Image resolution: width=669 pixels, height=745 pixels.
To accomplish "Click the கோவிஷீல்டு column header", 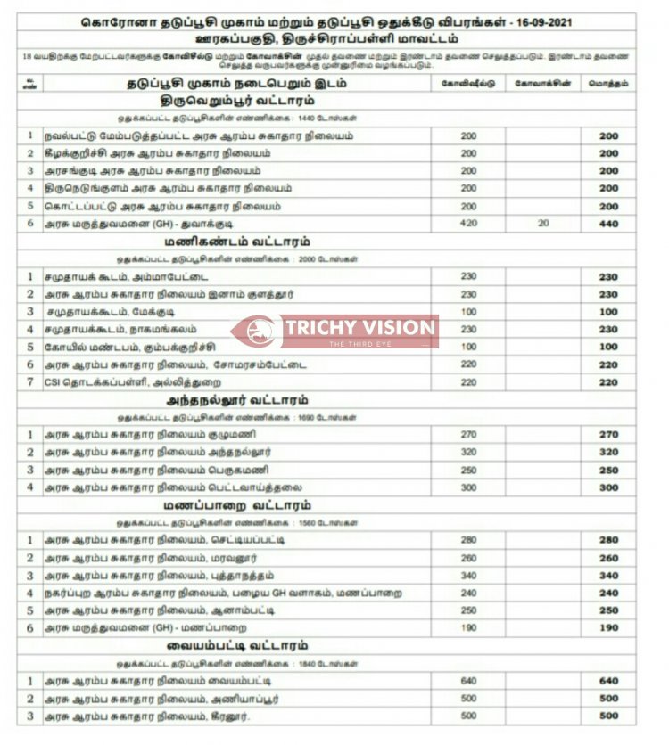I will (468, 83).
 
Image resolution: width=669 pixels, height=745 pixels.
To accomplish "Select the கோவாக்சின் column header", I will (542, 83).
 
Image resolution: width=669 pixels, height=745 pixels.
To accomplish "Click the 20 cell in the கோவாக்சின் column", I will (542, 224).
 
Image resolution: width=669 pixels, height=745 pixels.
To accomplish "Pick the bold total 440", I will (608, 224).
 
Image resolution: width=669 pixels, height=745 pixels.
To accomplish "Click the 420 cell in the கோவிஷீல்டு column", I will (468, 224).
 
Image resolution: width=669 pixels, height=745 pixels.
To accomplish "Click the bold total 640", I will (608, 682).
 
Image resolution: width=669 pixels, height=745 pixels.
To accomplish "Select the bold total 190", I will (608, 628).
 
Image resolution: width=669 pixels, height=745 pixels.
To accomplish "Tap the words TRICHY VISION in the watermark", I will (359, 327).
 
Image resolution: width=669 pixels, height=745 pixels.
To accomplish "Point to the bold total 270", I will (608, 435).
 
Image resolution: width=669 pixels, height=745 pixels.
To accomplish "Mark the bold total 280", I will (608, 540).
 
